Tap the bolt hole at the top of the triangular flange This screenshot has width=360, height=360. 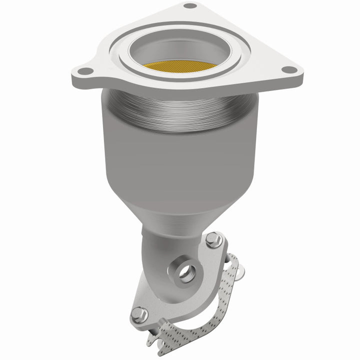pos(190,6)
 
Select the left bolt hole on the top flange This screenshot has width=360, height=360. pos(85,71)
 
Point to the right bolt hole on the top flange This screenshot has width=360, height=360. pos(288,70)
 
